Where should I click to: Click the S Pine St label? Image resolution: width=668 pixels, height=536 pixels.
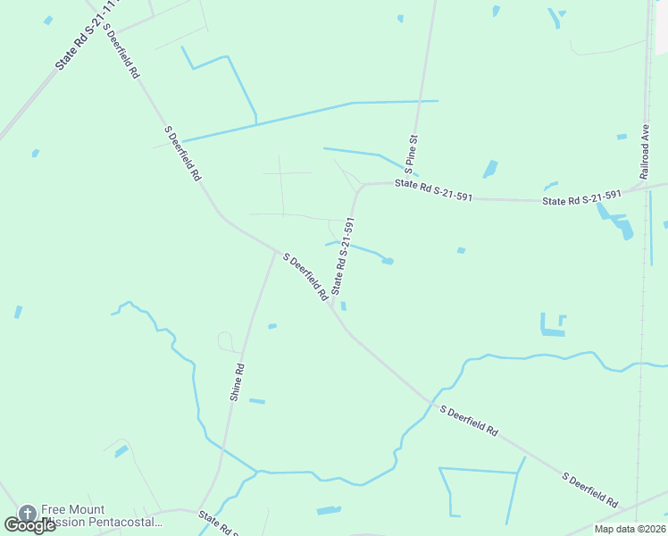(x=411, y=154)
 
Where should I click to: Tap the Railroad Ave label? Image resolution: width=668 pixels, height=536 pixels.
(x=644, y=151)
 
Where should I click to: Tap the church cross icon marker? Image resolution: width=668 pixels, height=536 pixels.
(x=28, y=514)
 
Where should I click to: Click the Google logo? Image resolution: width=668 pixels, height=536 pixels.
(x=29, y=524)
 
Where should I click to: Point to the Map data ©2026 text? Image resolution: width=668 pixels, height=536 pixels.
(x=630, y=529)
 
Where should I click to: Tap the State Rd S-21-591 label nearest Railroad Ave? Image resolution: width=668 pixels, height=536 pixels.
(x=581, y=198)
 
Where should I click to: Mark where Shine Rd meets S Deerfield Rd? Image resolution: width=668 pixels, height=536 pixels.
(x=275, y=252)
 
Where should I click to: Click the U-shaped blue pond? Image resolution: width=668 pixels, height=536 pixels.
(x=553, y=325)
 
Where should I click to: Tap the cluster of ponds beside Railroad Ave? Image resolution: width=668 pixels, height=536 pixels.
(x=615, y=221)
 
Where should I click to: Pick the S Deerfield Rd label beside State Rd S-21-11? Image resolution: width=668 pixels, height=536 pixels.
(x=121, y=48)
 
